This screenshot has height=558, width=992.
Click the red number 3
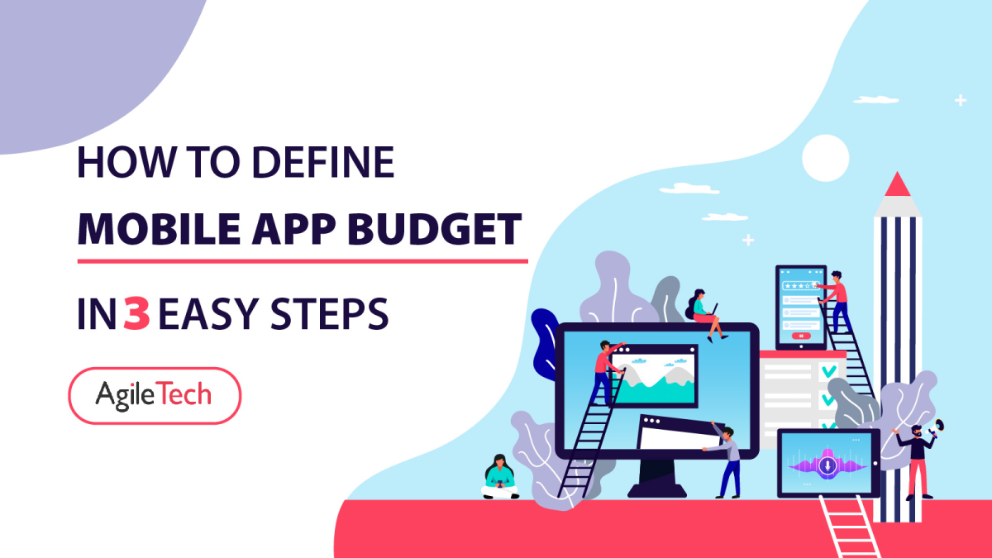click(136, 314)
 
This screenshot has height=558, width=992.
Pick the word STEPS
click(330, 314)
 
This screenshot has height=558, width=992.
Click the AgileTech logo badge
click(154, 395)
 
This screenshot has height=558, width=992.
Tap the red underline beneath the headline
click(302, 260)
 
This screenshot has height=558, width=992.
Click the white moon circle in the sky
click(825, 158)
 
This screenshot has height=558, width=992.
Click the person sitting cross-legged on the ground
click(500, 478)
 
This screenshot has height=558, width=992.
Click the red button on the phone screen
click(799, 336)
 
